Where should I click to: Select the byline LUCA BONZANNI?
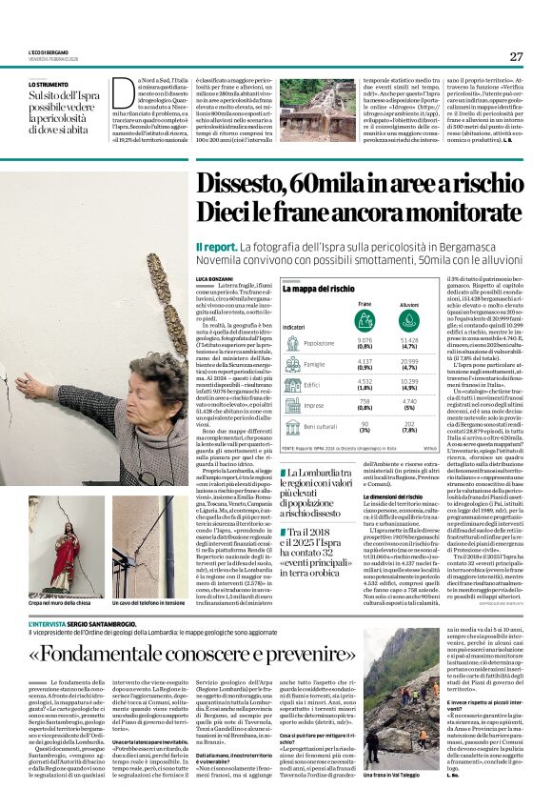pos(215,278)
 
